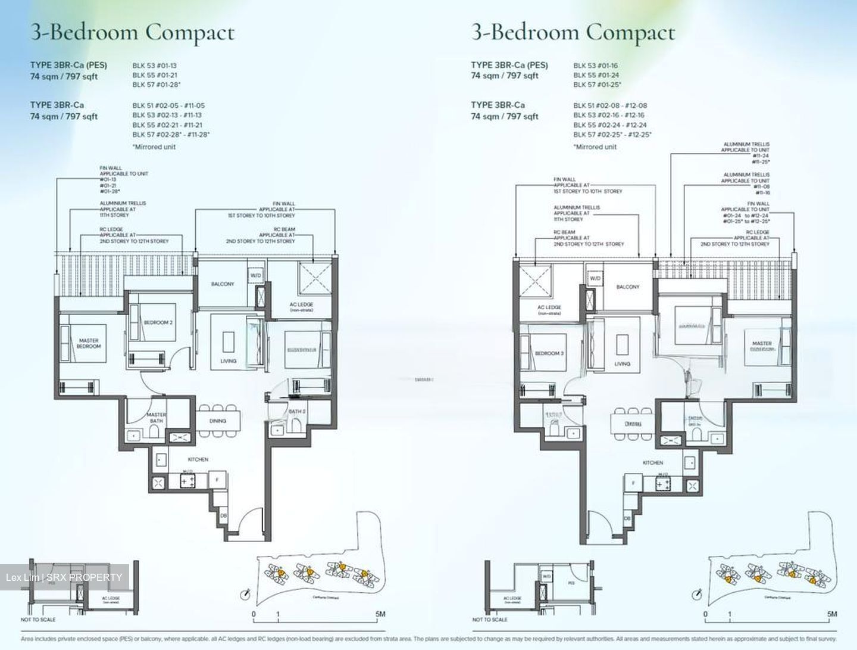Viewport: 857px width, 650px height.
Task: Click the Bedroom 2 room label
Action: [158, 322]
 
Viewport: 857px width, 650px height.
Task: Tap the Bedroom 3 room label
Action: [549, 353]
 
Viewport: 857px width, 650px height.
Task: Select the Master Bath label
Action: [157, 418]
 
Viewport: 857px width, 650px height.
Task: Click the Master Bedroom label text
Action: [89, 343]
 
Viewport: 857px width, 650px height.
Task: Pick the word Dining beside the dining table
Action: [218, 421]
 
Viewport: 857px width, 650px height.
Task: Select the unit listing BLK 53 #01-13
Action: [154, 66]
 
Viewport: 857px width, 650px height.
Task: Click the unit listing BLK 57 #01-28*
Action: [156, 85]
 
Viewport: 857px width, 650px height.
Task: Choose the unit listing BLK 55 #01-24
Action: [596, 75]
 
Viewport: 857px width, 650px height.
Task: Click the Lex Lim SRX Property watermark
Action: [64, 577]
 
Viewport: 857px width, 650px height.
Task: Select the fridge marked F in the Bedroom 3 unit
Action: [633, 483]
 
